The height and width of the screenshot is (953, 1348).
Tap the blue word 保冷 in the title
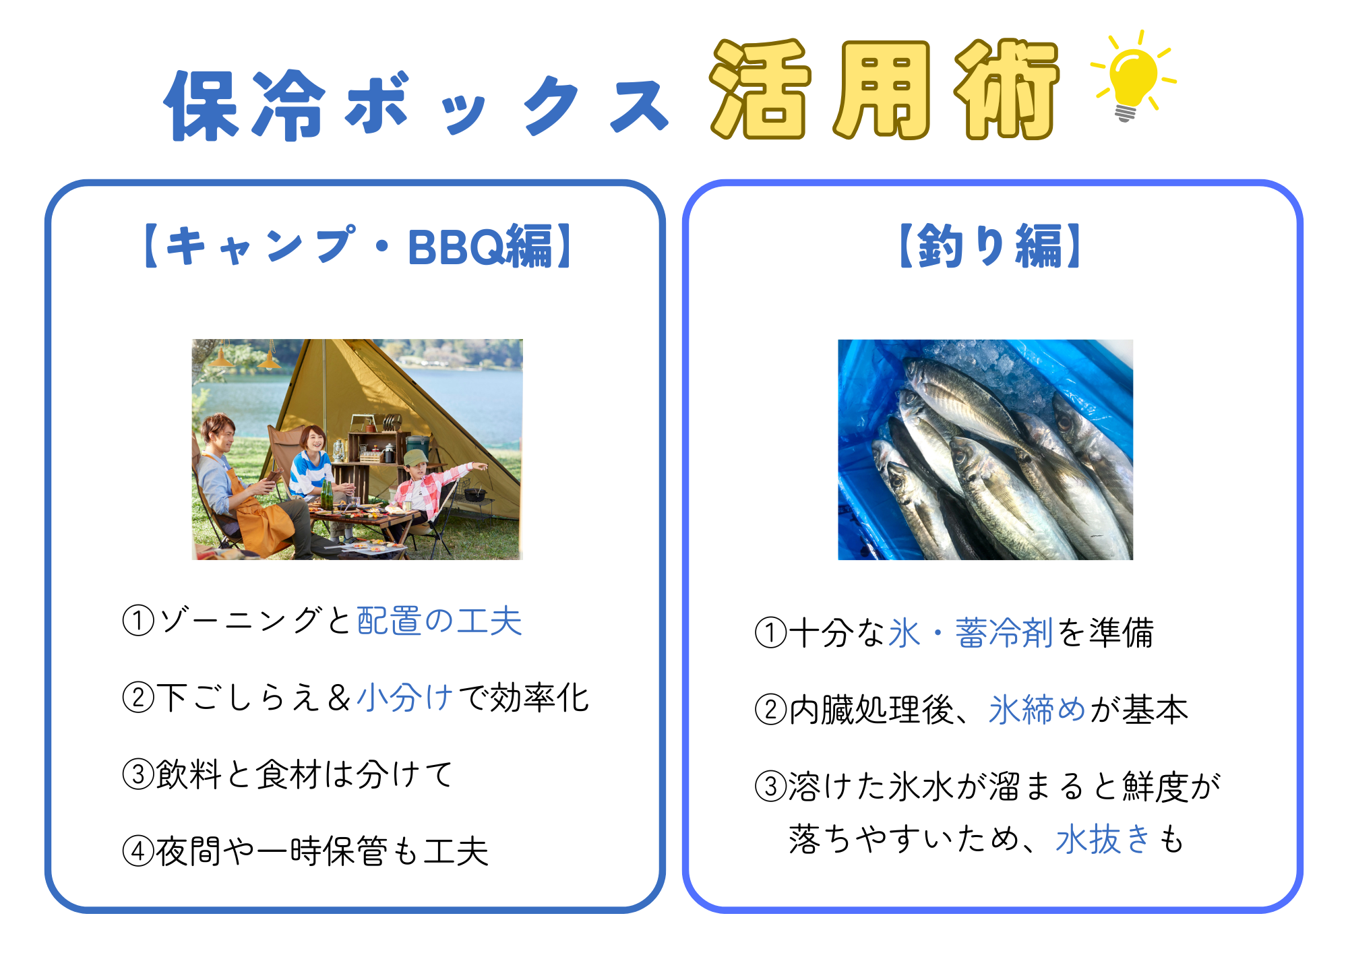pos(245,105)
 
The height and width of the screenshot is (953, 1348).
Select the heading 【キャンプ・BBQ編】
pos(357,246)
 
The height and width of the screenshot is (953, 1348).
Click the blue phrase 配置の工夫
pos(439,621)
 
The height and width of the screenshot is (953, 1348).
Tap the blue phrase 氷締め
pos(1037,710)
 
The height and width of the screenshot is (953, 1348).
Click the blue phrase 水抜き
pos(1103,839)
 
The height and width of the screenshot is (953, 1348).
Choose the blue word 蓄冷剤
pos(1004,633)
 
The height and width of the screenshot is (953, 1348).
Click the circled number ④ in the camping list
pos(139,851)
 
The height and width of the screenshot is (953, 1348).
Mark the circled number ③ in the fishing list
pos(771,787)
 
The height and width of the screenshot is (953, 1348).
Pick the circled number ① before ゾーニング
pos(139,621)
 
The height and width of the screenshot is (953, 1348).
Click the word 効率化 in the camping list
pos(540,698)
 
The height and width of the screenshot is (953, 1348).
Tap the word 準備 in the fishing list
pos(1122,633)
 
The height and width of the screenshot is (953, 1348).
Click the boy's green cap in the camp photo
pos(417,458)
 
